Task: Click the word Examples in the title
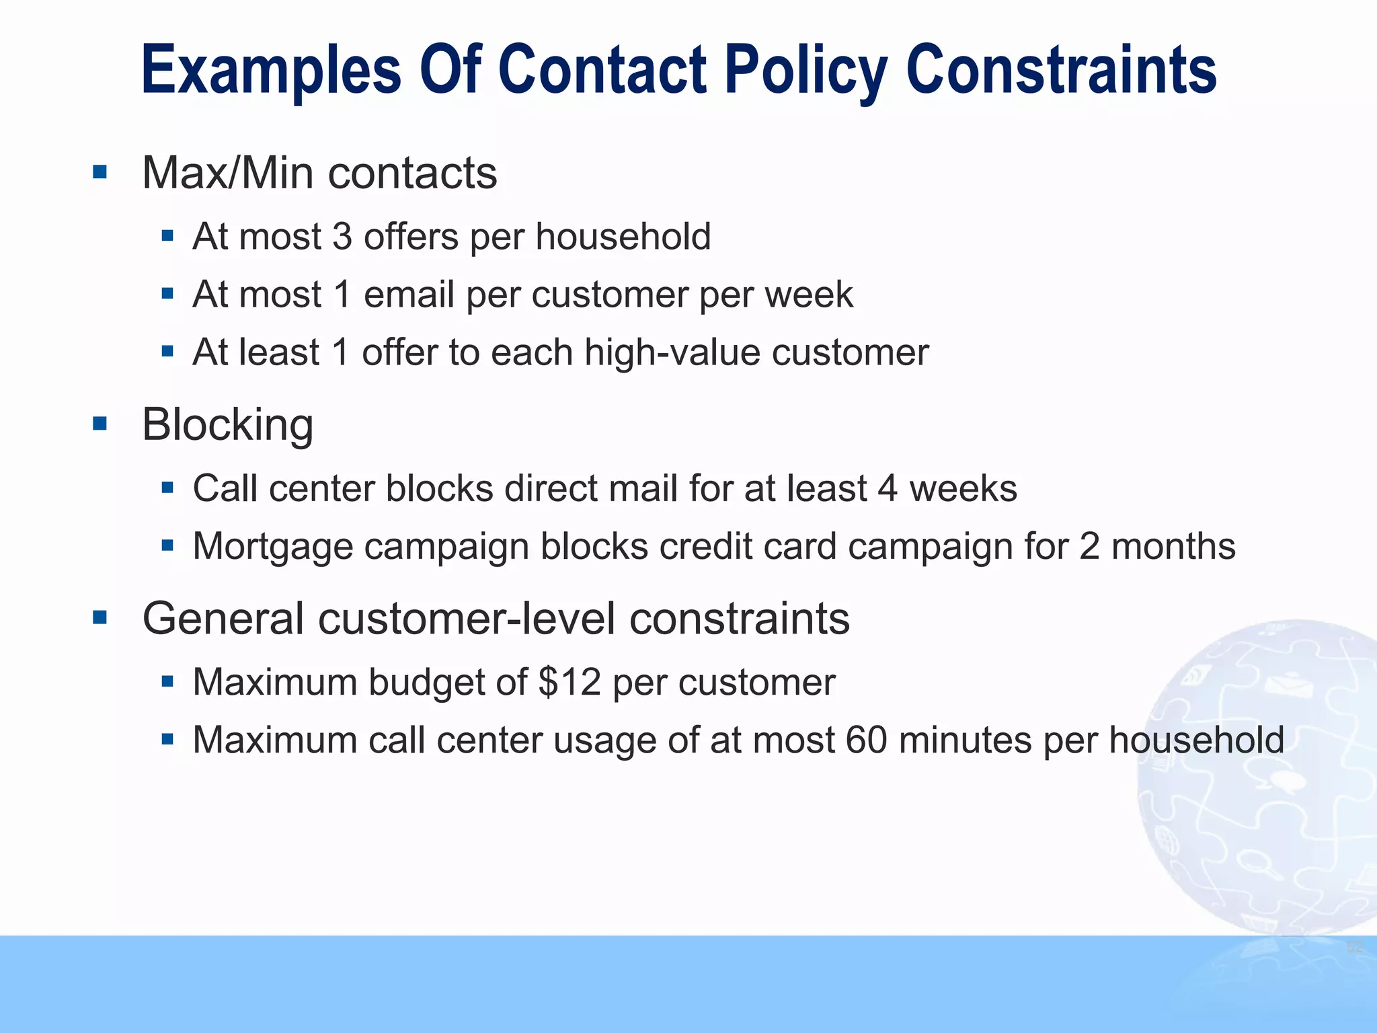pos(271,71)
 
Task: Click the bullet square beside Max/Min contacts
pos(100,172)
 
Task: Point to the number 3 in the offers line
pos(342,237)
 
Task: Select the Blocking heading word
pos(227,425)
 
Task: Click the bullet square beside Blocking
pos(100,424)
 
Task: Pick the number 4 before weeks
pos(888,488)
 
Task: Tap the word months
pos(1173,546)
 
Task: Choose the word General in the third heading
pos(223,618)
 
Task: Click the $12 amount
pos(569,682)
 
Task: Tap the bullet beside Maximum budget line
pos(167,682)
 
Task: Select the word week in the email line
pos(810,295)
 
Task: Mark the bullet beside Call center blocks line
pos(167,488)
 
